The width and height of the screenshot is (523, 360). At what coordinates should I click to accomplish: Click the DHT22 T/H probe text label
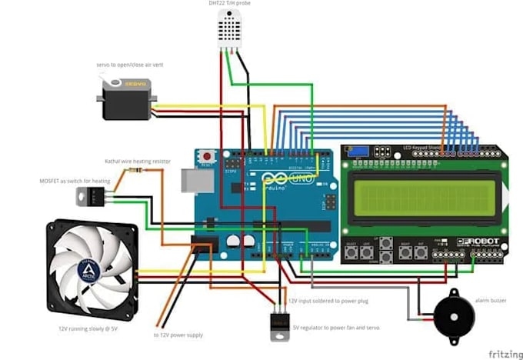click(229, 4)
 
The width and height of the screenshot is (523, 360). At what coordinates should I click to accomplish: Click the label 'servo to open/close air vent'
click(129, 65)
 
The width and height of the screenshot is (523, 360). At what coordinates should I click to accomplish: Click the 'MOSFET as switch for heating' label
click(75, 181)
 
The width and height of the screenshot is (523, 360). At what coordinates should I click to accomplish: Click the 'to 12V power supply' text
click(178, 335)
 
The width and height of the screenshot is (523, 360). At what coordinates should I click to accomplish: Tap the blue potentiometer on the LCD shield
click(355, 151)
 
